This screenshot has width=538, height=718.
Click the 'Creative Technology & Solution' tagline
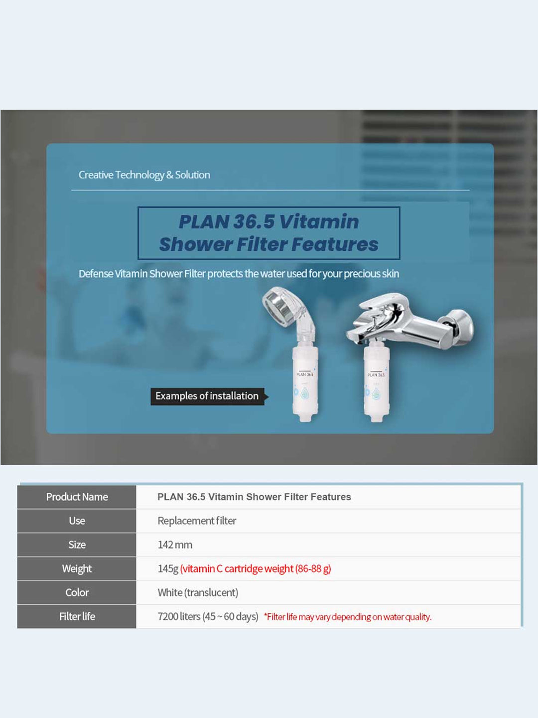144,175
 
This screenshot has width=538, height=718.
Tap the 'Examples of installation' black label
207,396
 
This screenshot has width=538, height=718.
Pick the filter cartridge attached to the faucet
376,384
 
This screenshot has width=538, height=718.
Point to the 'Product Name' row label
77,497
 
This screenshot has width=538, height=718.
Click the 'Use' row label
77,521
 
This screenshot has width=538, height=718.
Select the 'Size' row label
77,544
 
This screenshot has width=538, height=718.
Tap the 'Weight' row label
77,568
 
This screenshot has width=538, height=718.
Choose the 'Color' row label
77,592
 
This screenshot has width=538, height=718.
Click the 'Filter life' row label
77,616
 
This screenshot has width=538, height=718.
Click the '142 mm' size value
175,544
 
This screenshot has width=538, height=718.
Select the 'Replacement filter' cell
197,521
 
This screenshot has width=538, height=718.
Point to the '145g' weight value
168,569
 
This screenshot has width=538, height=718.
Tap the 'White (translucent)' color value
198,592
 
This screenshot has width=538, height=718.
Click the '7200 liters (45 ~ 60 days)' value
208,617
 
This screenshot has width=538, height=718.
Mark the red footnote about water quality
348,617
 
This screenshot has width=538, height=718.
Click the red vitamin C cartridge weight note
256,569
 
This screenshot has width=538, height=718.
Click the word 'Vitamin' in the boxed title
319,221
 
